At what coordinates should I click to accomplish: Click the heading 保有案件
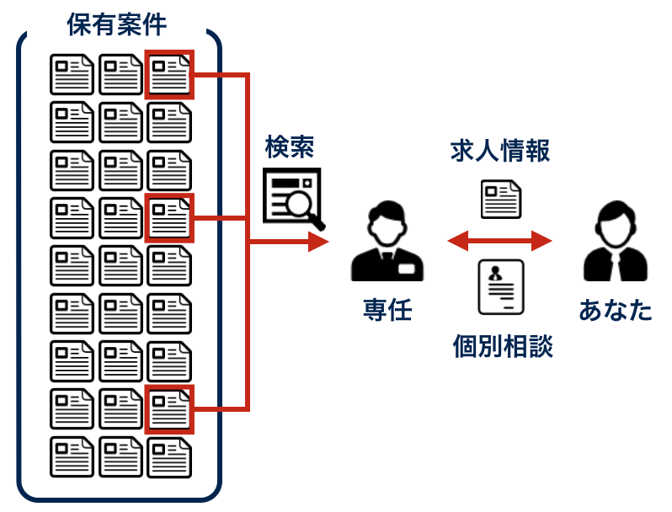tap(117, 23)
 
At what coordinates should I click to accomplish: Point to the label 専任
tap(387, 310)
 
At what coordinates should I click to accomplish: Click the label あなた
tap(616, 310)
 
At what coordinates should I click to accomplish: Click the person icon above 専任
tap(387, 243)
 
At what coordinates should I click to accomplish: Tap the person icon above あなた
tap(616, 243)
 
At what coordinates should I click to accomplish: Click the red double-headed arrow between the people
tap(499, 242)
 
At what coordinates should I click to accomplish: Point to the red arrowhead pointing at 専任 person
tap(317, 243)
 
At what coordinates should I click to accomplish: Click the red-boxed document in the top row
tap(169, 74)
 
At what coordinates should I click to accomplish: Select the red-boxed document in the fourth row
tap(169, 217)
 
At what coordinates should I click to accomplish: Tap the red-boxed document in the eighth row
tap(169, 409)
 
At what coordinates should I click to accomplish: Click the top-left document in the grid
tap(72, 74)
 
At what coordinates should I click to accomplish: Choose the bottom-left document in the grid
tap(72, 457)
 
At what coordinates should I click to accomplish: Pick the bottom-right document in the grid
tap(169, 457)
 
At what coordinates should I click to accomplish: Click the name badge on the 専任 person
tap(407, 269)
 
